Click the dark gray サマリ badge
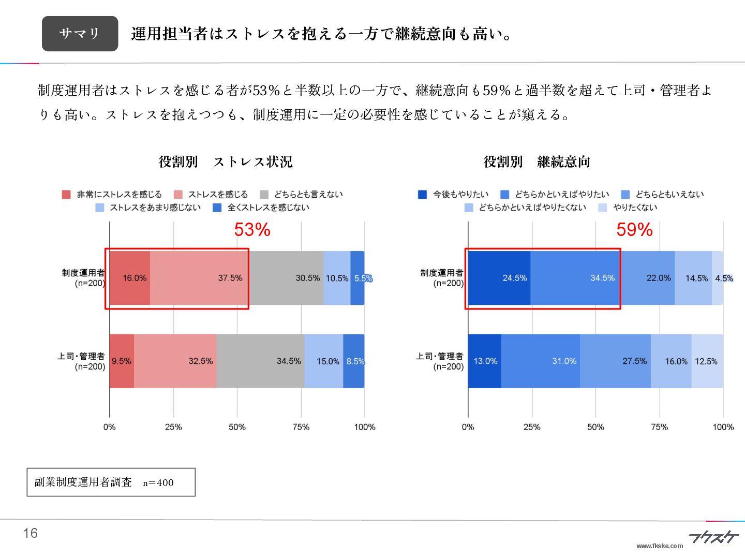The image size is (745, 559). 80,34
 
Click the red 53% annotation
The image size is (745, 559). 252,230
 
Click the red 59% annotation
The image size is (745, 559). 634,230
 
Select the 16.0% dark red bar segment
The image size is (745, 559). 130,278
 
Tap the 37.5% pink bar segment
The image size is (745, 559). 199,278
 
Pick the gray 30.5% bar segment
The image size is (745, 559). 286,278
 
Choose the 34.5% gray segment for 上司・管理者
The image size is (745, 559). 260,361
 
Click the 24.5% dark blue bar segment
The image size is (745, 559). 499,278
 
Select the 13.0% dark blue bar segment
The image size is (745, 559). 485,361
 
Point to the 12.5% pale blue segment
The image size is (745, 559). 707,361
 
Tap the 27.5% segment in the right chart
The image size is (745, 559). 615,361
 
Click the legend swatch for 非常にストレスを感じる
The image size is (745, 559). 66,195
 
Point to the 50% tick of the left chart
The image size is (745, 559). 237,427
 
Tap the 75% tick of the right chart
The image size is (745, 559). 659,427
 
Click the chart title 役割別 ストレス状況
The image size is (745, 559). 226,162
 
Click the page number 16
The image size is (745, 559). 31,533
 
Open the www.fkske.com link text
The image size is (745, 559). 660,546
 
